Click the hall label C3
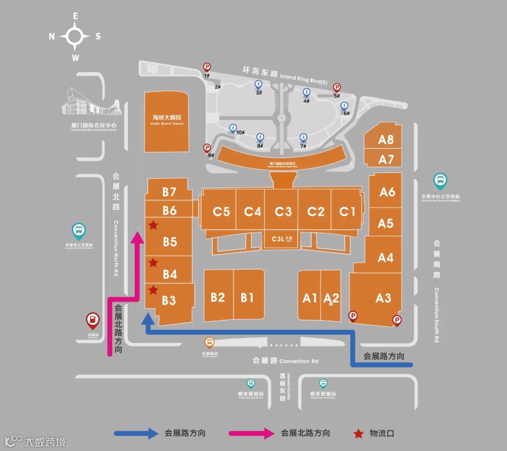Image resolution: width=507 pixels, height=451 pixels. point(283,212)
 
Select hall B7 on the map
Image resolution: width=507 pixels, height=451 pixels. point(169,192)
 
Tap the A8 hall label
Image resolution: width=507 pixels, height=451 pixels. point(386,139)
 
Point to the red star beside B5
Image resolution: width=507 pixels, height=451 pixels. point(153,226)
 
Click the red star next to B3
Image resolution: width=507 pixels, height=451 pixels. point(153,290)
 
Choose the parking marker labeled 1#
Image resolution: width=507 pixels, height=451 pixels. point(207,67)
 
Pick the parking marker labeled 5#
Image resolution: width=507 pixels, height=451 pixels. point(337,87)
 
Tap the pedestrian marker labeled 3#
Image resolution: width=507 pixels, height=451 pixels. point(258,84)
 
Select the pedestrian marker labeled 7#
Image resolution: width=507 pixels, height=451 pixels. point(303,138)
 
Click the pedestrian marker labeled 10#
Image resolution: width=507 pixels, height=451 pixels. point(232,128)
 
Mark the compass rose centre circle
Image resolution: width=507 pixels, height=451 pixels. point(75,36)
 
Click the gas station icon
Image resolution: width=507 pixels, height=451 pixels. point(93,321)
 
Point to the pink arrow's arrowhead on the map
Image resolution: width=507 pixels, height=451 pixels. point(137,237)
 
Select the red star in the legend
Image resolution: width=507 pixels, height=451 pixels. point(359,433)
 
